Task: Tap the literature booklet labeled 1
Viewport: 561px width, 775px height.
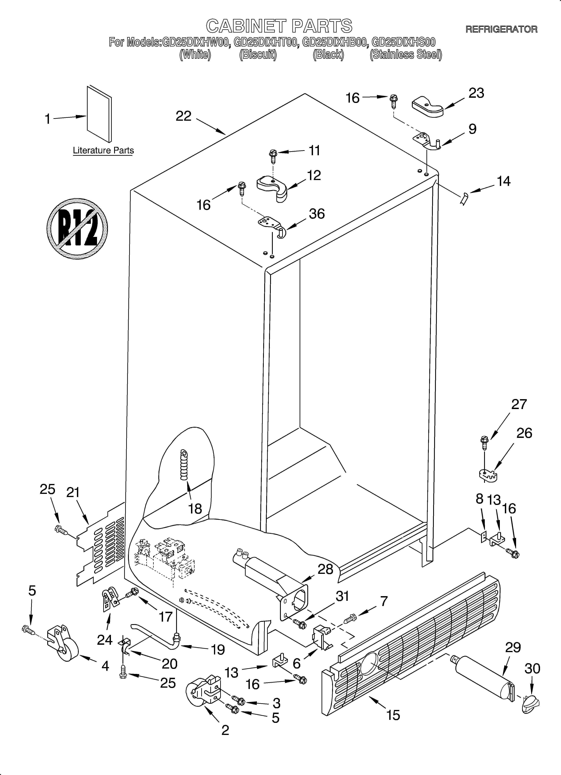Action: (x=99, y=114)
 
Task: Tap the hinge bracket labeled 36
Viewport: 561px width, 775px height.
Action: (x=272, y=225)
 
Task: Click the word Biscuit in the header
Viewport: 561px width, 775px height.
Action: (x=258, y=55)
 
